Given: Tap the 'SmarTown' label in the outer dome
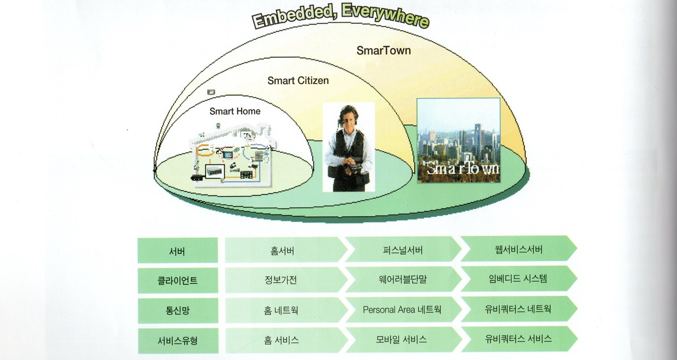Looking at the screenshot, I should click(x=383, y=51).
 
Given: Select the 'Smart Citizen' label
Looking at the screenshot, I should click(x=298, y=80).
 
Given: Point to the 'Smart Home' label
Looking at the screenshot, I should click(x=235, y=111).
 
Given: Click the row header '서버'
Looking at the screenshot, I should click(x=177, y=251).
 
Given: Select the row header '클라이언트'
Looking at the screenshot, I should click(x=177, y=281).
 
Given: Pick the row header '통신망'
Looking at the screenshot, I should click(x=177, y=310).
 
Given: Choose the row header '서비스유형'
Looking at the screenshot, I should click(x=177, y=340).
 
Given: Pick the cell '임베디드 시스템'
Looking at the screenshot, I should click(x=518, y=279).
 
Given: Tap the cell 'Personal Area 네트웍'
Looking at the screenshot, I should click(x=402, y=310).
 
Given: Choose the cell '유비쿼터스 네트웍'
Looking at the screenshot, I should click(x=518, y=309).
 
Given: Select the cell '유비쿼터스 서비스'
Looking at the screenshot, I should click(x=518, y=339).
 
